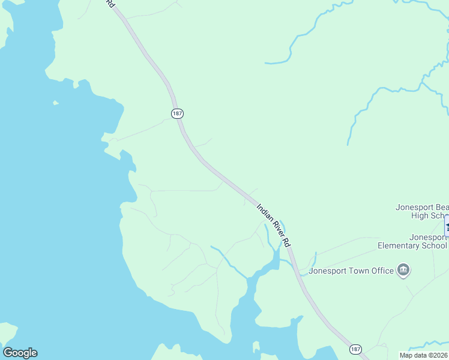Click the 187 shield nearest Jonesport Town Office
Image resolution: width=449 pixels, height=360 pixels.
[x=355, y=349]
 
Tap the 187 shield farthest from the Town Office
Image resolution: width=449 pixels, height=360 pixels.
[x=176, y=113]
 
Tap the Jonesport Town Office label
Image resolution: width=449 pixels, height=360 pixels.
[x=351, y=271]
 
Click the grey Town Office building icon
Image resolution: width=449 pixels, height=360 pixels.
[x=404, y=271]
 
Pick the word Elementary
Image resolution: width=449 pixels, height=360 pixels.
[x=401, y=245]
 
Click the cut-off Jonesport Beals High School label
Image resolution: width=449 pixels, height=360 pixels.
[x=422, y=212]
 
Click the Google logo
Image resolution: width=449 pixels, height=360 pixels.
[x=20, y=353]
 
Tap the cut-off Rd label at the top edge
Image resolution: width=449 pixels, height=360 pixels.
[x=109, y=3]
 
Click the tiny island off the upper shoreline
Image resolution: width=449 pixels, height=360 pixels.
[x=56, y=103]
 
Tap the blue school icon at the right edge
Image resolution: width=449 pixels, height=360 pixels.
[x=447, y=227]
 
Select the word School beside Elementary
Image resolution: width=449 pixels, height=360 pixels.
[x=435, y=245]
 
